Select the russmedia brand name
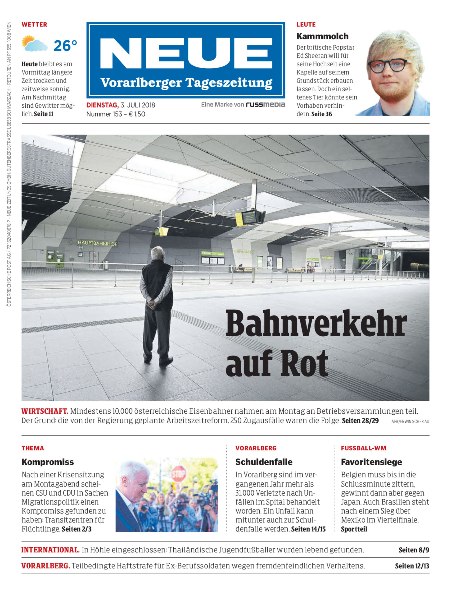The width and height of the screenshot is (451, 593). [x=266, y=105]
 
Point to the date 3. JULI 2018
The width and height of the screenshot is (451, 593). [x=138, y=105]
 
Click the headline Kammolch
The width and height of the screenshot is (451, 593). [x=322, y=36]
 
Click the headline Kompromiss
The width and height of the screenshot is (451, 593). [x=48, y=462]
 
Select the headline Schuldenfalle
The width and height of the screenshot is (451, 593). [x=264, y=462]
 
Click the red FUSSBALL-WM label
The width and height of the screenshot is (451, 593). [x=364, y=448]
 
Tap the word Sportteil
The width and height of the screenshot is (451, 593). [x=354, y=529]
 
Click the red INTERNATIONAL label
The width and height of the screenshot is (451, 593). [x=50, y=550]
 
